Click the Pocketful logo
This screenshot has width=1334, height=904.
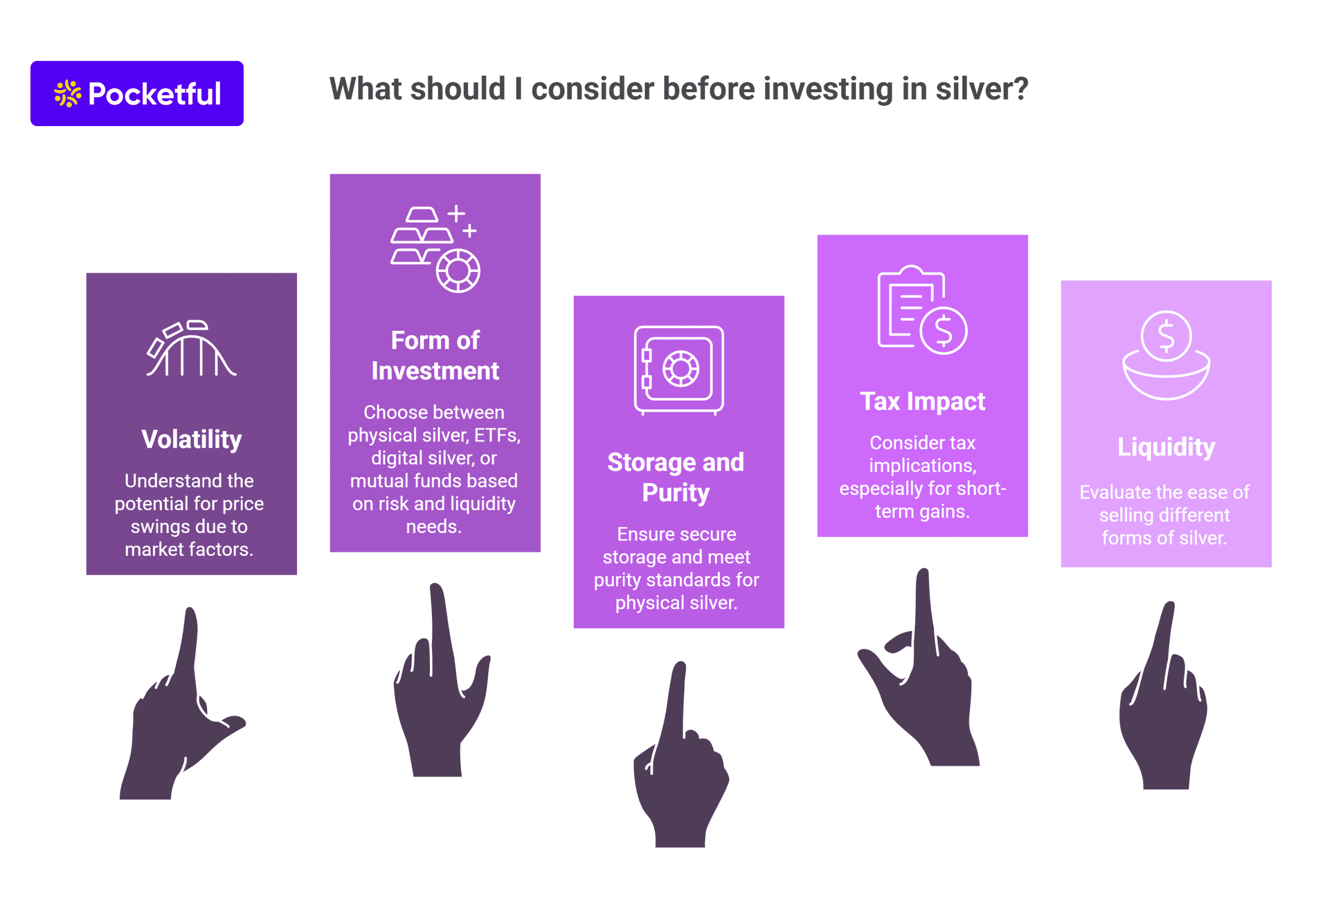(x=137, y=94)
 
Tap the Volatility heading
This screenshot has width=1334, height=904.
(x=192, y=440)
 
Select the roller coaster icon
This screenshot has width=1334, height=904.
(x=191, y=349)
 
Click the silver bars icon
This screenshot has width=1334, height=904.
(x=435, y=249)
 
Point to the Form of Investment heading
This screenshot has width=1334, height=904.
(x=435, y=356)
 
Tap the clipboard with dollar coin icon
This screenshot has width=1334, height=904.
(x=922, y=310)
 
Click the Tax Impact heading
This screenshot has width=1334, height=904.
(x=922, y=401)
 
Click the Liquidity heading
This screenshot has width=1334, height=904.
(x=1166, y=447)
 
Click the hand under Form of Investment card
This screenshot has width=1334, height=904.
(x=441, y=680)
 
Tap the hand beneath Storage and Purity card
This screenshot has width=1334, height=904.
(x=682, y=755)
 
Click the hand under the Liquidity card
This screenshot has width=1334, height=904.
(x=1163, y=696)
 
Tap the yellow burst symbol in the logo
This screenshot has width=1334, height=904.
(x=68, y=94)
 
